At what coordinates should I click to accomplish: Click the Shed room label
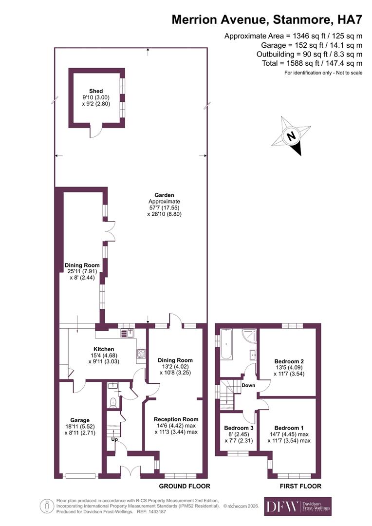point(95,91)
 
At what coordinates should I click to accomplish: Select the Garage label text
point(79,420)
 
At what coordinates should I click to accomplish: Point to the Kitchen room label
point(104,349)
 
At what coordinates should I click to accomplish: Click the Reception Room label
point(176,419)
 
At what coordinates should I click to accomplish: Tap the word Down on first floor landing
point(249,385)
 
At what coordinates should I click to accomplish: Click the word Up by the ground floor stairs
point(115,439)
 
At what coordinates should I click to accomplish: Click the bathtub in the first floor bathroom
point(227,344)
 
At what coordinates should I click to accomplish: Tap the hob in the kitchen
point(141,354)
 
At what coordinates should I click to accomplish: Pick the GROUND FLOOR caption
point(185,486)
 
